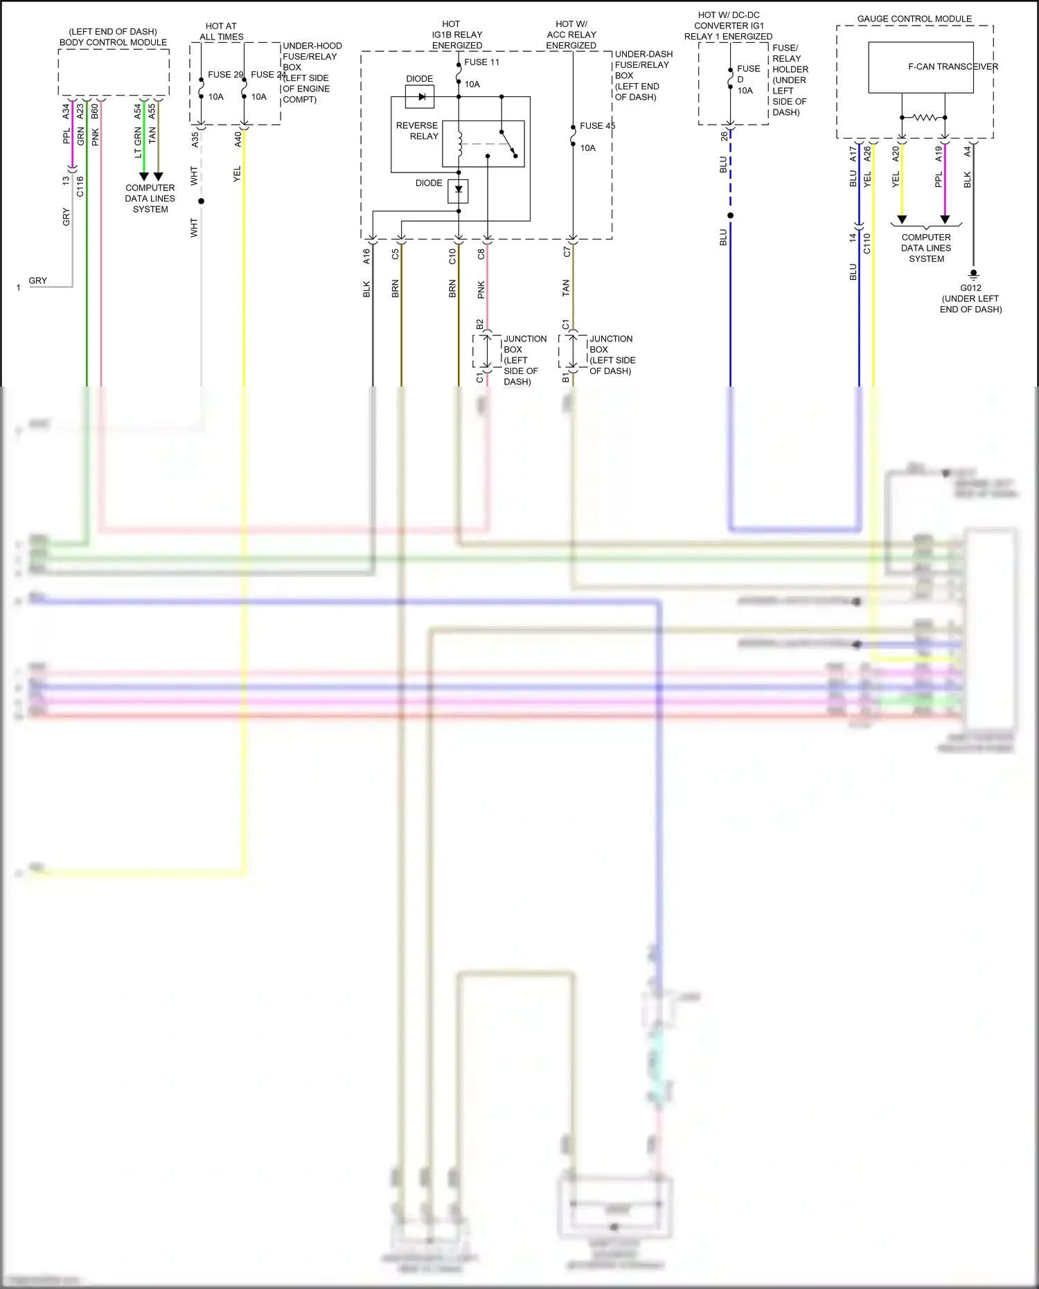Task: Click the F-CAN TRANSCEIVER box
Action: point(921,67)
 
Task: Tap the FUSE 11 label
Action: point(481,62)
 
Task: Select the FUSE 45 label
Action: point(597,126)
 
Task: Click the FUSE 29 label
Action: point(225,75)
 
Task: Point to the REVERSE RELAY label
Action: point(417,131)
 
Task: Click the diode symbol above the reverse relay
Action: point(420,97)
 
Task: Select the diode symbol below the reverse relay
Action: point(459,190)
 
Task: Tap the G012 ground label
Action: point(970,288)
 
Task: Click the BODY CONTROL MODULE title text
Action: point(113,42)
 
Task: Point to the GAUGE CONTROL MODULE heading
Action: point(914,19)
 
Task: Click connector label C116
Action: point(80,186)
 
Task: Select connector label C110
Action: point(867,243)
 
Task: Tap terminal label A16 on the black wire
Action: point(366,256)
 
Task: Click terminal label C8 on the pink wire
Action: point(481,254)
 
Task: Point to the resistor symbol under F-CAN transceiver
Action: point(924,118)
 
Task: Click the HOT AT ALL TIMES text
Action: point(221,31)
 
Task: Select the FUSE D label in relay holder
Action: point(748,73)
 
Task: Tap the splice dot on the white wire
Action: point(202,201)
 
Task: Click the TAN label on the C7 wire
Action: point(566,288)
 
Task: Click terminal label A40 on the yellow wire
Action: point(238,139)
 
